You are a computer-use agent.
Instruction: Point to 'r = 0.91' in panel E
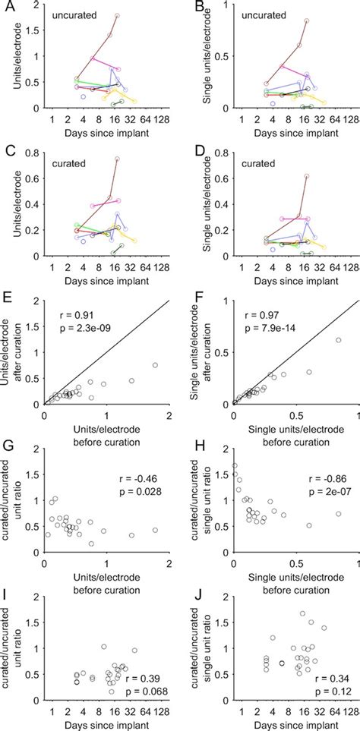(x=77, y=312)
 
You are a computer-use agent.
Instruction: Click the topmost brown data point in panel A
(x=117, y=16)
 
